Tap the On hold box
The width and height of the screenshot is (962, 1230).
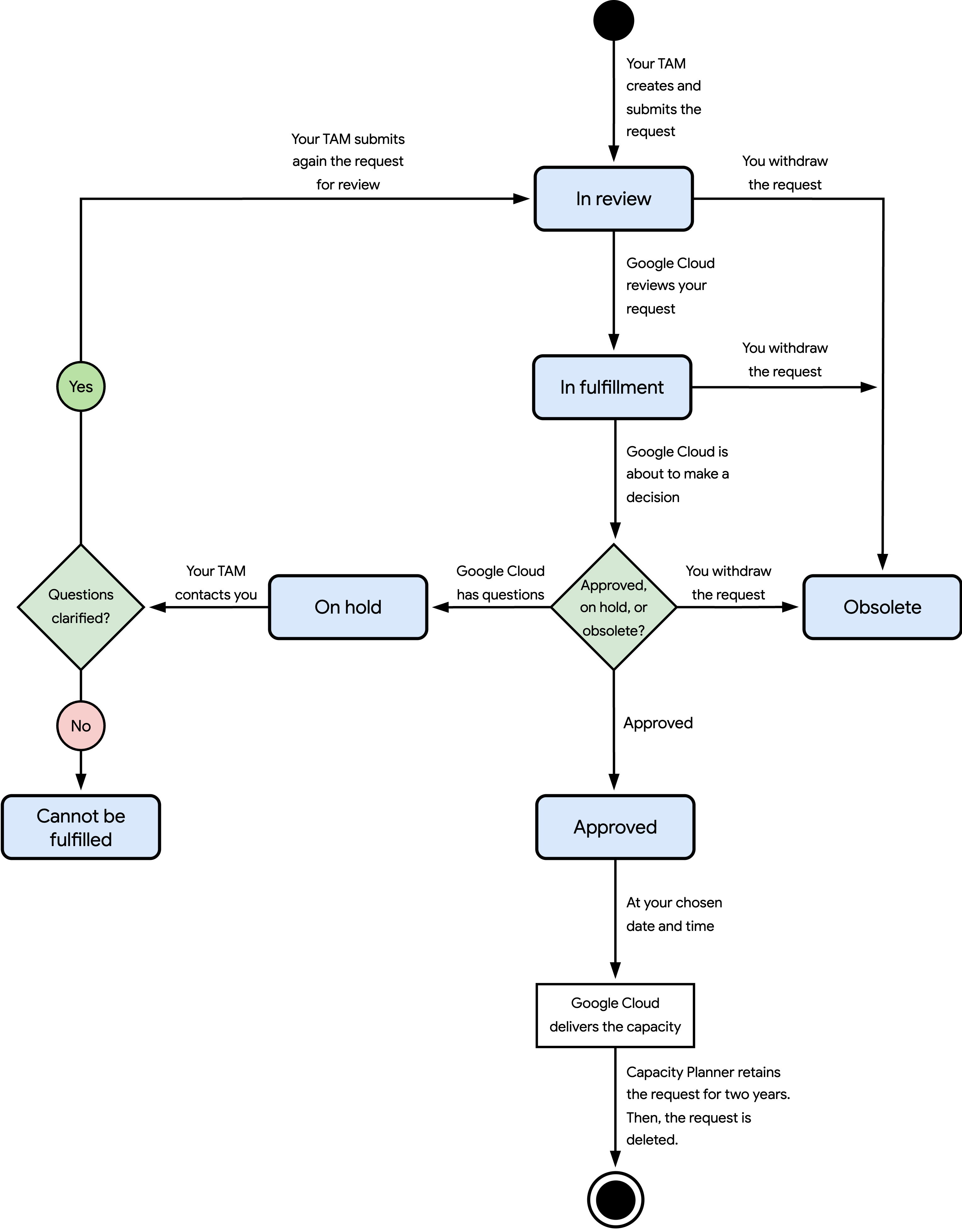click(x=348, y=607)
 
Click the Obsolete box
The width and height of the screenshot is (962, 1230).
click(x=882, y=607)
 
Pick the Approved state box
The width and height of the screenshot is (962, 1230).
click(x=615, y=827)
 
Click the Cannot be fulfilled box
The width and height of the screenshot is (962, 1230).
click(x=80, y=827)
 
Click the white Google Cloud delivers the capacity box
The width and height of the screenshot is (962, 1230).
click(x=615, y=1015)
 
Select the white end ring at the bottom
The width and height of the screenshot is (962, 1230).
click(x=616, y=1200)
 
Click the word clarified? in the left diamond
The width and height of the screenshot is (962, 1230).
click(x=80, y=618)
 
